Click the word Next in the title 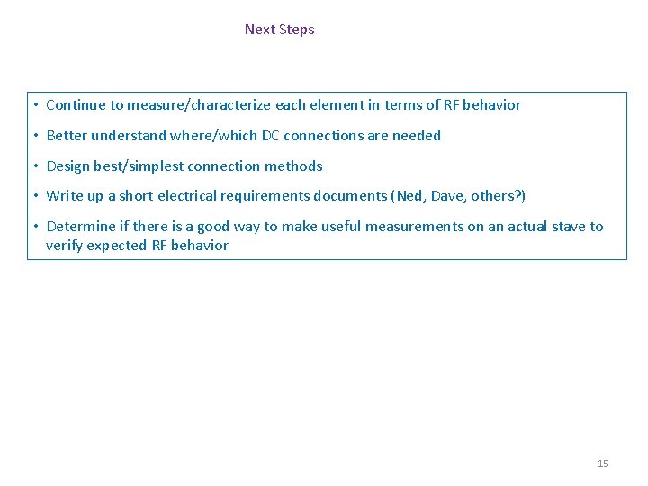coord(260,30)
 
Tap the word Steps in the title coord(297,30)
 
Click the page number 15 coord(603,463)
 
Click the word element coord(337,105)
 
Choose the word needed coord(417,136)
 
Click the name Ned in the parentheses coord(409,196)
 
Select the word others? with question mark coord(499,196)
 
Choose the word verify coord(64,246)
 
